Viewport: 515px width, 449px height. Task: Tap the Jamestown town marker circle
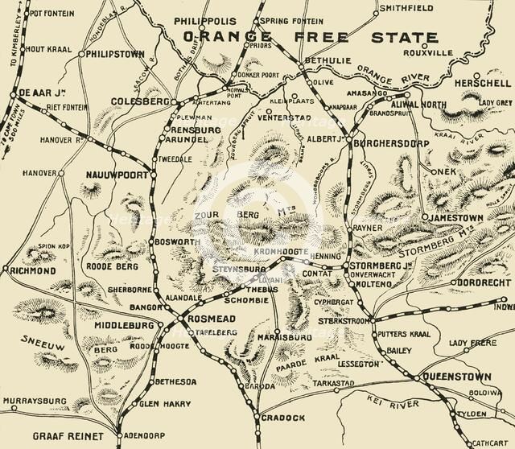[424, 218]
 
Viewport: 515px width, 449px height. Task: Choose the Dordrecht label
[480, 283]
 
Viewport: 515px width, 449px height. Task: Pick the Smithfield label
[406, 8]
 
